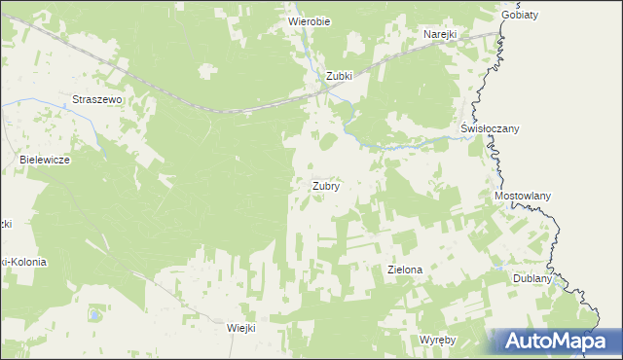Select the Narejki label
tap(440, 34)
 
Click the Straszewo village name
tap(95, 99)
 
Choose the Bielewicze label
tap(45, 159)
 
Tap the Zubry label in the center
tap(325, 185)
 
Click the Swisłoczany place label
tap(490, 128)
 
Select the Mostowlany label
tap(523, 196)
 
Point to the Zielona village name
tap(404, 269)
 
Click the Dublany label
tap(532, 278)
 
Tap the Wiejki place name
tap(239, 328)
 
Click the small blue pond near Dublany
tap(497, 268)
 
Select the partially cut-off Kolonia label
tap(21, 262)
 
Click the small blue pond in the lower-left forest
tap(93, 314)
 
